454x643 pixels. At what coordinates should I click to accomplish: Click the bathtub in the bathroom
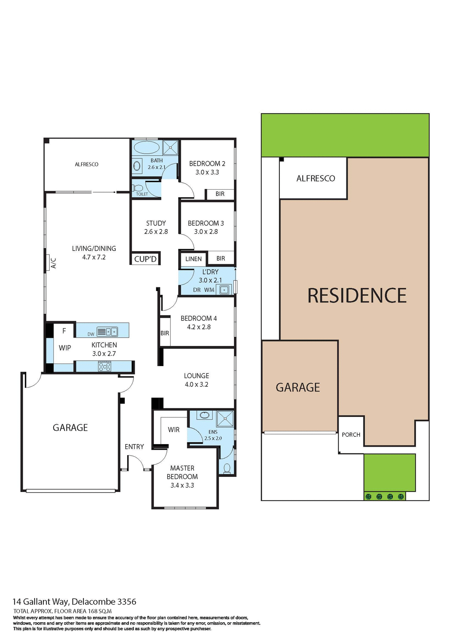pos(146,147)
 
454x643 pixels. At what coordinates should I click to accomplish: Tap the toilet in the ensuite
pos(227,468)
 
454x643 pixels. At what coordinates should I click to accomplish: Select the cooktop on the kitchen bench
pos(105,366)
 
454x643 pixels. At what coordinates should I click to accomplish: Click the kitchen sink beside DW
pos(111,332)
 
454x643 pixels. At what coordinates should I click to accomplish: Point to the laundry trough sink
pos(224,289)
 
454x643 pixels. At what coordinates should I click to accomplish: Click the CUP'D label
pos(145,259)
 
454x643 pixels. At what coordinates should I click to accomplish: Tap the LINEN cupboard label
pos(194,259)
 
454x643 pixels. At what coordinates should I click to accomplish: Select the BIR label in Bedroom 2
pos(220,194)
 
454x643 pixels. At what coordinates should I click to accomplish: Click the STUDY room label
pos(156,223)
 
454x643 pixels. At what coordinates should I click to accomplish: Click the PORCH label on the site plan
pos(351,435)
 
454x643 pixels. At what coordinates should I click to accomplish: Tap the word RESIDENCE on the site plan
pos(357,296)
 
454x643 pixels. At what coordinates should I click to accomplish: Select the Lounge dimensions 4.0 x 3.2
pos(197,384)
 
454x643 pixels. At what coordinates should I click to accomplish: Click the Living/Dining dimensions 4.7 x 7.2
pos(94,257)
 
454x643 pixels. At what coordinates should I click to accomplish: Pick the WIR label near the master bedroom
pos(174,430)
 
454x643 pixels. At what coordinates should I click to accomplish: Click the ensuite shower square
pos(225,419)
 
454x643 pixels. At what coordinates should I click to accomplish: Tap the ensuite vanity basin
pos(204,415)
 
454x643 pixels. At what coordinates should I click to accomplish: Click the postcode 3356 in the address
pos(127,602)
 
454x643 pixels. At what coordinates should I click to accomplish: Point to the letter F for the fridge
pos(64,331)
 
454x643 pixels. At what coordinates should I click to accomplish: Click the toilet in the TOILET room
pos(138,188)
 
